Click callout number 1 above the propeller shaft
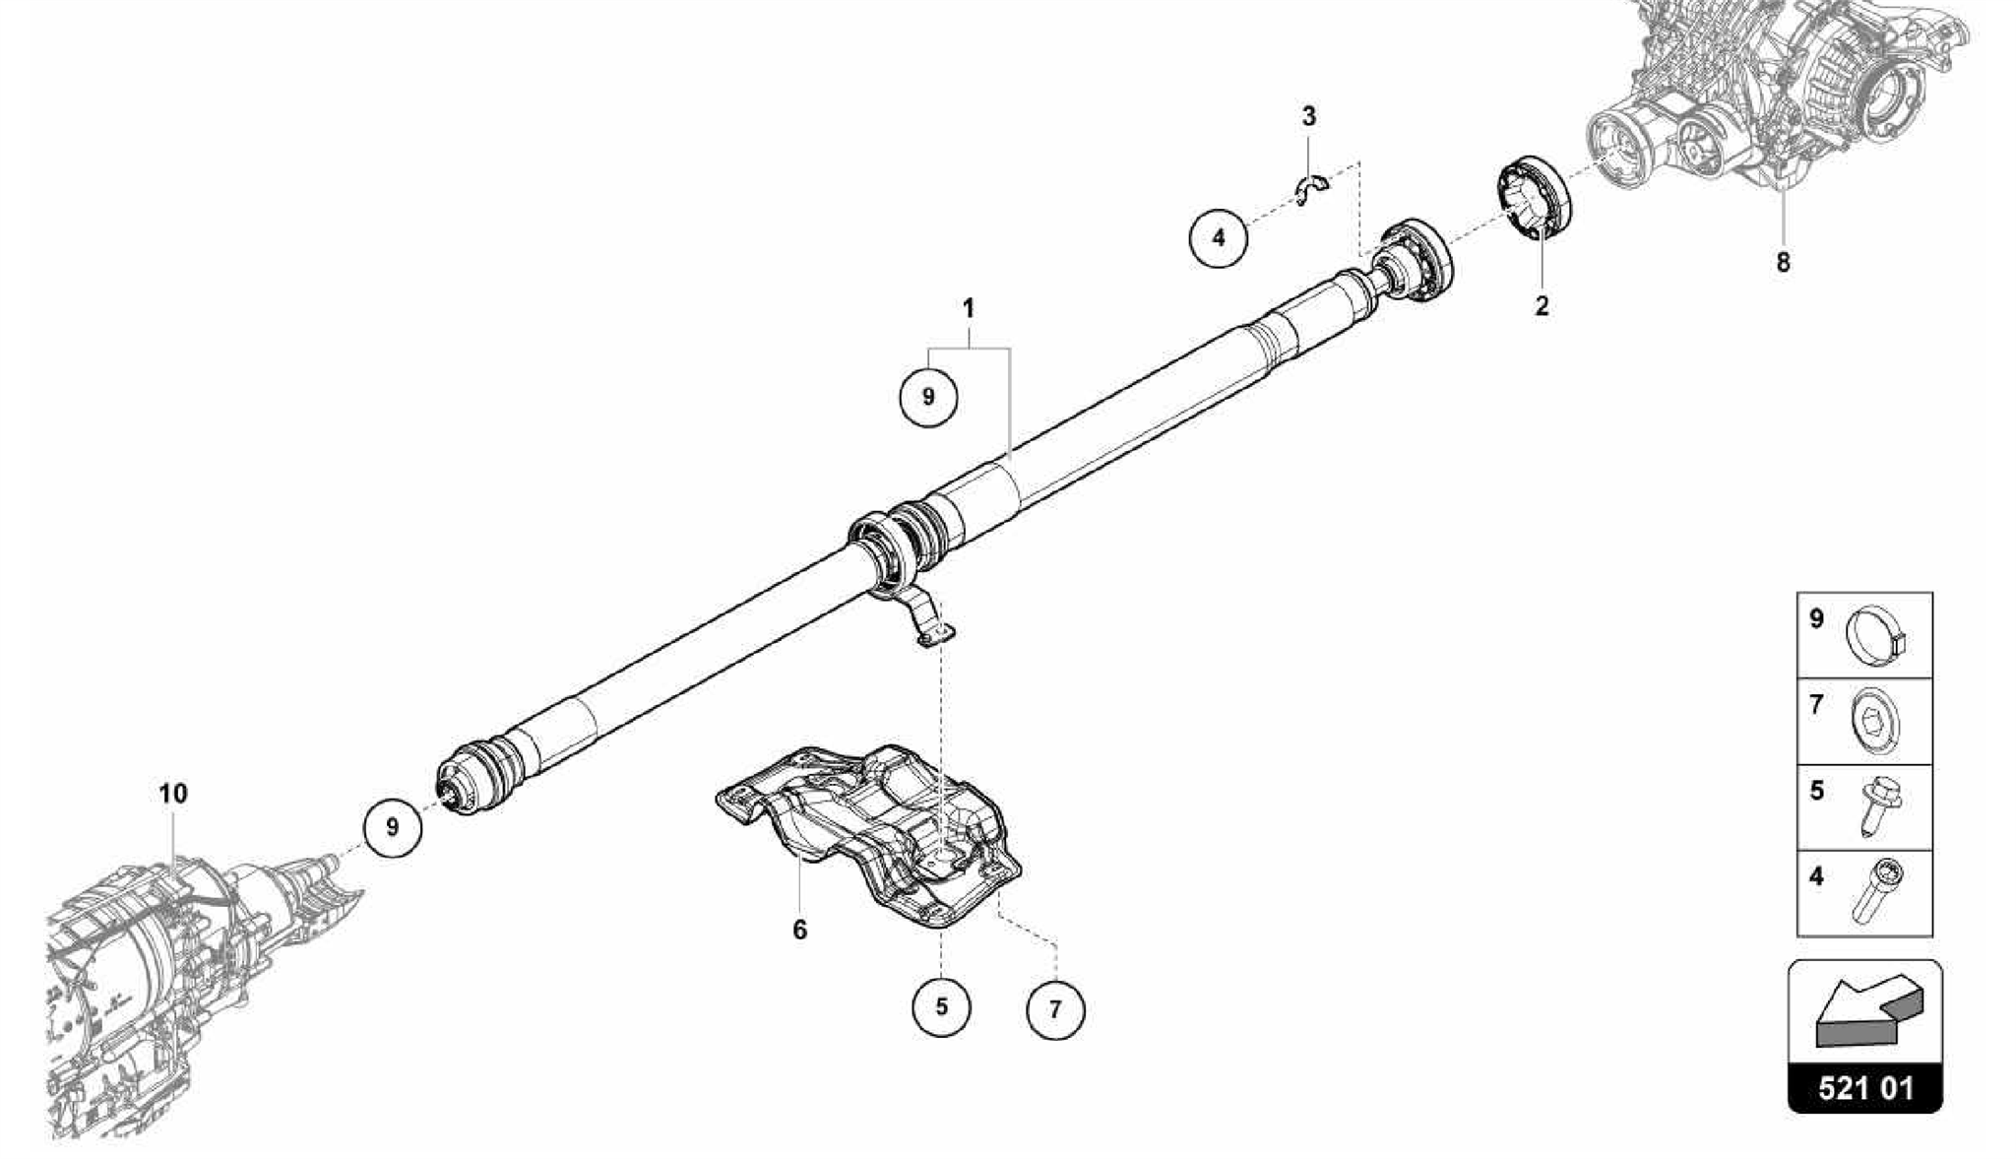[969, 309]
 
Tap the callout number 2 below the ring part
[1542, 306]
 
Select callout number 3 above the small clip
[1308, 117]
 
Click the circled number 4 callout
[1219, 238]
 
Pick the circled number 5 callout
[941, 1007]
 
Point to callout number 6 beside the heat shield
[799, 929]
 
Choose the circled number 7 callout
[1055, 1009]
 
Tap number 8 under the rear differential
[1783, 264]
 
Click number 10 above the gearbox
[173, 794]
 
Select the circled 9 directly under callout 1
[928, 397]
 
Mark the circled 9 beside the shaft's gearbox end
[393, 827]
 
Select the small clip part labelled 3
[1310, 186]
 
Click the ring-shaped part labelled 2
[1536, 197]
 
